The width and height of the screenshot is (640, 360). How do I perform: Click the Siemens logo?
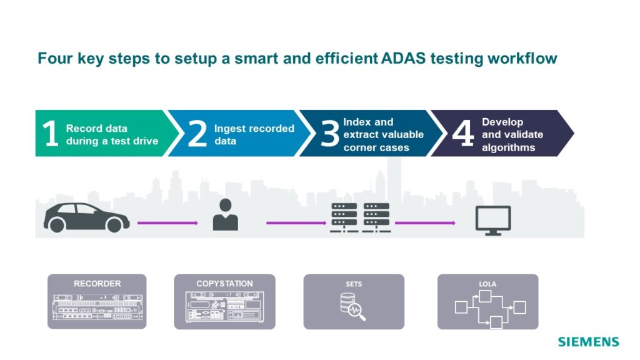click(589, 342)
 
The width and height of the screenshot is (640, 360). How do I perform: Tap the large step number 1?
click(51, 133)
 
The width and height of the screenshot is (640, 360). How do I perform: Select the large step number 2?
click(197, 134)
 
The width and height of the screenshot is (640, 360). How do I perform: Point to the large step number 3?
click(330, 134)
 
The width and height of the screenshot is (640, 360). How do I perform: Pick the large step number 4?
click(463, 134)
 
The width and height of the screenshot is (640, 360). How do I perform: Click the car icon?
click(86, 217)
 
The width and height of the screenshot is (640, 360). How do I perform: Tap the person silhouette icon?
click(225, 215)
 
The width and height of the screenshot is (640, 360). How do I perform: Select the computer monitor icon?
click(493, 221)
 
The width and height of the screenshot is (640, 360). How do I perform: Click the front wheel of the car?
click(114, 225)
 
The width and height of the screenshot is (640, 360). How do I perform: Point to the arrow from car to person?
click(167, 223)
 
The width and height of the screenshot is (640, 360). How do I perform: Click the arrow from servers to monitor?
click(425, 223)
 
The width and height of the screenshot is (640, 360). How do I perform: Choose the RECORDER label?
click(97, 284)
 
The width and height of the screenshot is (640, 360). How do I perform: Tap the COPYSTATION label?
click(224, 284)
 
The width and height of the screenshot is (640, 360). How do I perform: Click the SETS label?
click(354, 284)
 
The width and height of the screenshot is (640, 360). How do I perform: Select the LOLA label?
click(487, 284)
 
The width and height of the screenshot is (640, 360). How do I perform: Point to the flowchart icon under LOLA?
click(490, 309)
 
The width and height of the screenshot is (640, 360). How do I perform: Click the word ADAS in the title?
click(403, 58)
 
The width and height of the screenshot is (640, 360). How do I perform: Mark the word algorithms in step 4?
click(509, 147)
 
